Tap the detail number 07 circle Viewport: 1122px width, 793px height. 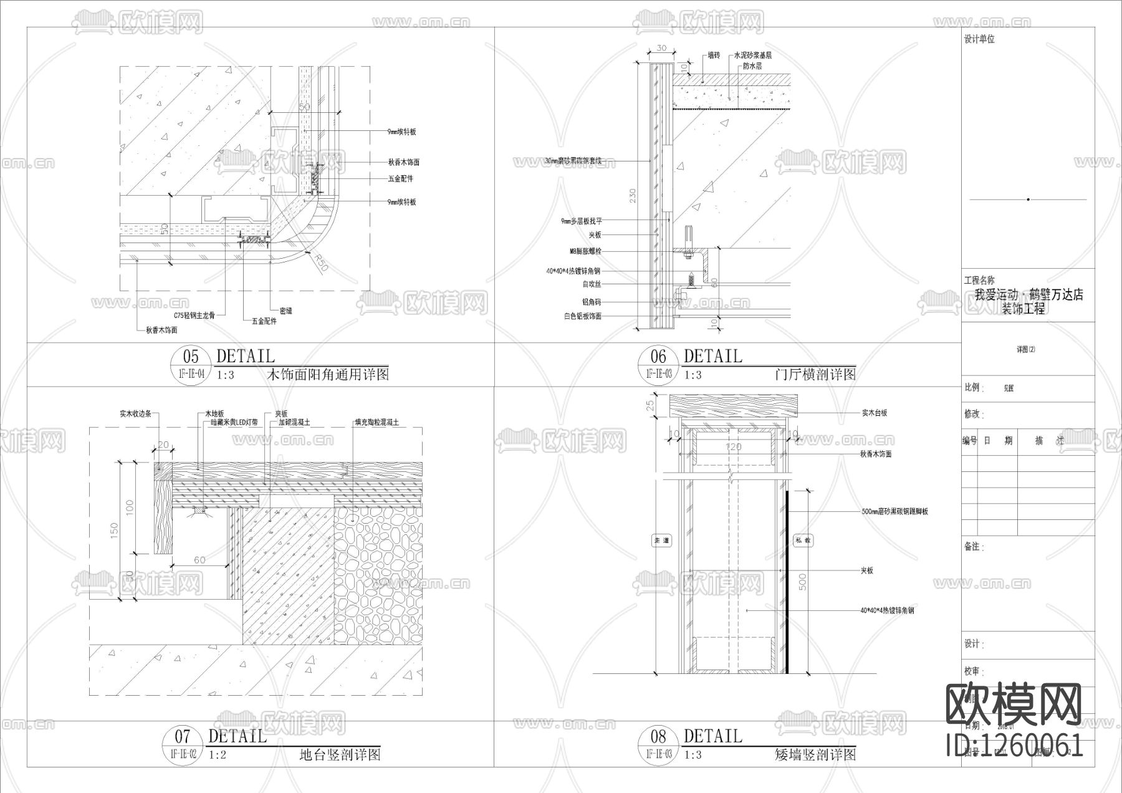pyautogui.click(x=183, y=737)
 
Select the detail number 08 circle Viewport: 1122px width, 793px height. pyautogui.click(x=658, y=737)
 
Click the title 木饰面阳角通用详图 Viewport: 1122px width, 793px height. pyautogui.click(x=328, y=375)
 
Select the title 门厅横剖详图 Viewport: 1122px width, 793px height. pyautogui.click(x=815, y=375)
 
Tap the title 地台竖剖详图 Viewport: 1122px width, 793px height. pyautogui.click(x=340, y=755)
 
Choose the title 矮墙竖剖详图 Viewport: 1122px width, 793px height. pyautogui.click(x=815, y=755)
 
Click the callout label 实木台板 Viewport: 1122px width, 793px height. pyautogui.click(x=875, y=413)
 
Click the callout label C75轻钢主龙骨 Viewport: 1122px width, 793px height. pyautogui.click(x=194, y=316)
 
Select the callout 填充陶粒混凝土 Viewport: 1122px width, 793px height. pyautogui.click(x=377, y=422)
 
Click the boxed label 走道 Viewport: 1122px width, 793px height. pyautogui.click(x=661, y=541)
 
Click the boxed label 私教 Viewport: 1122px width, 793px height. pyautogui.click(x=803, y=541)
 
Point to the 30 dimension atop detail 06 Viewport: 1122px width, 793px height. pyautogui.click(x=661, y=48)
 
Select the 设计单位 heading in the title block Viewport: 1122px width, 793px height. pyautogui.click(x=979, y=39)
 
